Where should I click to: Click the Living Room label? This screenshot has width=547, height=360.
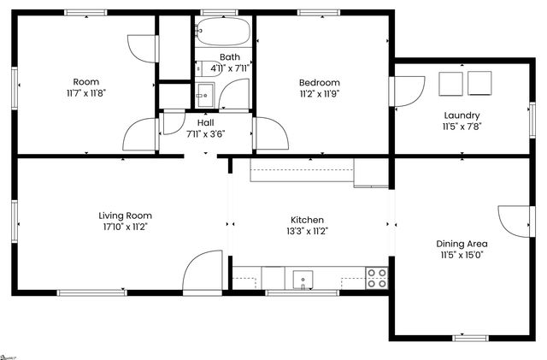pyautogui.click(x=125, y=215)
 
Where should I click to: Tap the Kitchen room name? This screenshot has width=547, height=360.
pyautogui.click(x=307, y=220)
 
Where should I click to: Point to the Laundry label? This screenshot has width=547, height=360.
pyautogui.click(x=461, y=115)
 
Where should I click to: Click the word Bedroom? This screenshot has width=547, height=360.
pyautogui.click(x=319, y=82)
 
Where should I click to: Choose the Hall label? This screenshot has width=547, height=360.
pyautogui.click(x=205, y=122)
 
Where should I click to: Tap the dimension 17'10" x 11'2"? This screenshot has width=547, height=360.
pyautogui.click(x=125, y=227)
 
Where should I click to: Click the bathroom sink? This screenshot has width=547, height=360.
pyautogui.click(x=204, y=93)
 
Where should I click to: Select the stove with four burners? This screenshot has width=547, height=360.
pyautogui.click(x=377, y=277)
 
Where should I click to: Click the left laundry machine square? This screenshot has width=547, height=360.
pyautogui.click(x=450, y=83)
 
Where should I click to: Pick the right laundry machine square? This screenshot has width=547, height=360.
pyautogui.click(x=480, y=83)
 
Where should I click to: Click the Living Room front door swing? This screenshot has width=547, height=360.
pyautogui.click(x=202, y=272)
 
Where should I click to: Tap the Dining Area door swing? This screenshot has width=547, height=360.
pyautogui.click(x=514, y=221)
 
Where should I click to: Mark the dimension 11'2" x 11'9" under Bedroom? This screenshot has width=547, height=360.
pyautogui.click(x=319, y=93)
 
